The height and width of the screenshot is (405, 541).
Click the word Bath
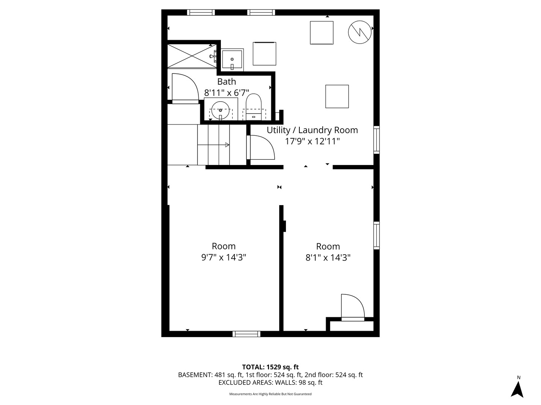click(x=227, y=81)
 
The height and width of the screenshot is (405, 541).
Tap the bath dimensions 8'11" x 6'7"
click(x=227, y=93)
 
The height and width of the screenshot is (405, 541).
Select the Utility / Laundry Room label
click(x=312, y=130)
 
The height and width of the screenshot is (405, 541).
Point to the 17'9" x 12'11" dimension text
click(x=312, y=141)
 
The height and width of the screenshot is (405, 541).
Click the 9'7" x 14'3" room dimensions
click(x=224, y=257)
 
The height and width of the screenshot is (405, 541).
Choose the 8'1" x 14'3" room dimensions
click(x=328, y=258)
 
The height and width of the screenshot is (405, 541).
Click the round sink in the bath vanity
click(x=221, y=110)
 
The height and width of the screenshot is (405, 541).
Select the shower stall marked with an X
click(x=192, y=56)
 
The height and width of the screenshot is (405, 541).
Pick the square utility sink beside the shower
click(x=232, y=60)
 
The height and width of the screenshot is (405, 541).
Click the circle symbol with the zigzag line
click(x=360, y=32)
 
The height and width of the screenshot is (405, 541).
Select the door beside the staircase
click(x=261, y=148)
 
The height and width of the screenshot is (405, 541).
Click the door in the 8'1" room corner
click(x=352, y=307)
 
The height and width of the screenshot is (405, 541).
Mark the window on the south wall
click(x=246, y=334)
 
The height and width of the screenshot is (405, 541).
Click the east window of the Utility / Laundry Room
click(x=376, y=140)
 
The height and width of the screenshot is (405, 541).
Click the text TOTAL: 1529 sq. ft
click(x=270, y=367)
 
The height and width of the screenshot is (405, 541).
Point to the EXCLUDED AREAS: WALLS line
click(x=270, y=382)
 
